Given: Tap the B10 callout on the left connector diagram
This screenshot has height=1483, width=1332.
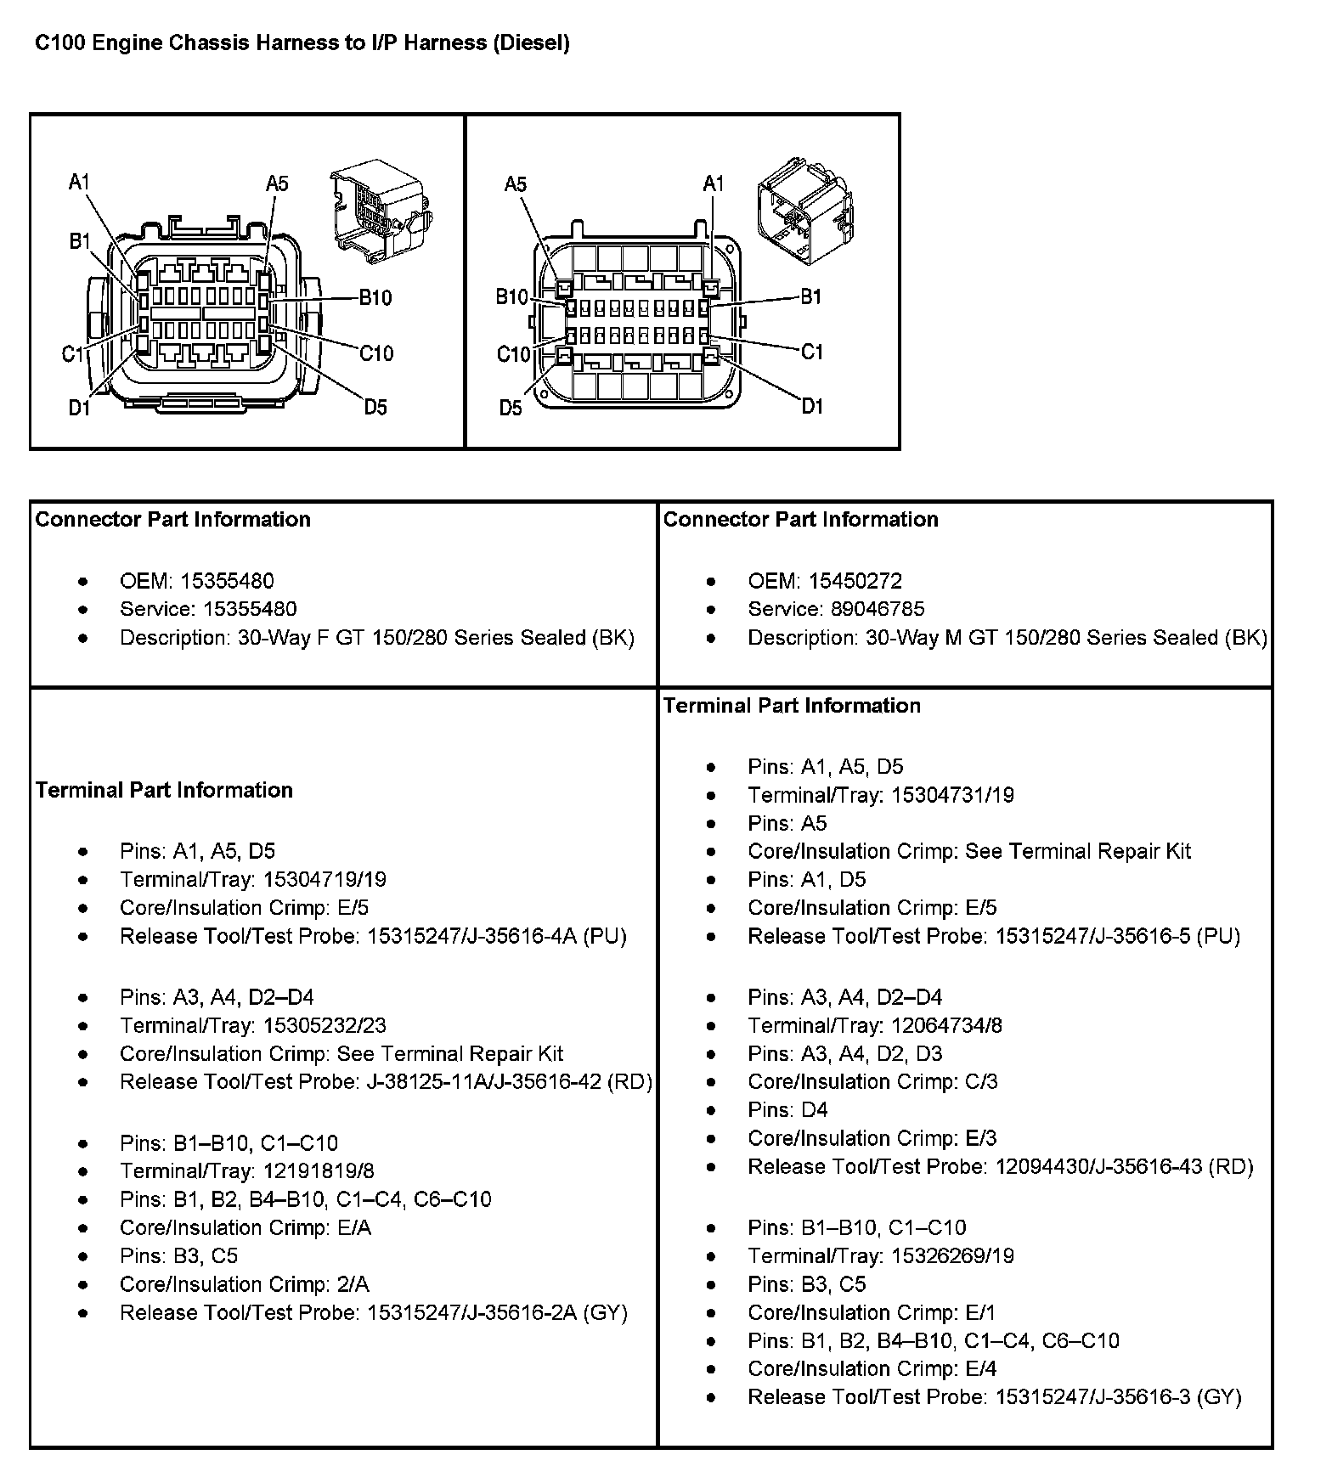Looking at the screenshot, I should pyautogui.click(x=375, y=297).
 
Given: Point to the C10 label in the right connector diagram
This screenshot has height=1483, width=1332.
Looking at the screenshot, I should pyautogui.click(x=513, y=353).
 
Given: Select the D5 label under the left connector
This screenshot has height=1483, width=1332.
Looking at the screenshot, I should pyautogui.click(x=375, y=408).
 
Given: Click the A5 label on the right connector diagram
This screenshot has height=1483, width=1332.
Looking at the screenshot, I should pyautogui.click(x=515, y=184).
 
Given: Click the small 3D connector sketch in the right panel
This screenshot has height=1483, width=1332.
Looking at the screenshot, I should pyautogui.click(x=804, y=207).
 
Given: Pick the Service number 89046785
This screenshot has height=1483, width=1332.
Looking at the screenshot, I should pyautogui.click(x=866, y=609).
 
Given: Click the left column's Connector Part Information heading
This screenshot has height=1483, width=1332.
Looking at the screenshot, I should pyautogui.click(x=173, y=519).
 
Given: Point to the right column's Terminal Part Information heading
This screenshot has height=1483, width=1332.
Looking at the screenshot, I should pyautogui.click(x=792, y=705).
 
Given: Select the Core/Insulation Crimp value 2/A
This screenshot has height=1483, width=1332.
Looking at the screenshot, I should pyautogui.click(x=353, y=1284).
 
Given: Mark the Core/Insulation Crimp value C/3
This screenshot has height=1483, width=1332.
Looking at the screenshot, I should pyautogui.click(x=981, y=1081).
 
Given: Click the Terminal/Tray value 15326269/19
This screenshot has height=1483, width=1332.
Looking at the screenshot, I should pyautogui.click(x=949, y=1255).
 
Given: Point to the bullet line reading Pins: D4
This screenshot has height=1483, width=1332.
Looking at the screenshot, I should pyautogui.click(x=787, y=1109).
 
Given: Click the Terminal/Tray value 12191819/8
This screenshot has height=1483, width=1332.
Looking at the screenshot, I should pyautogui.click(x=319, y=1171).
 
